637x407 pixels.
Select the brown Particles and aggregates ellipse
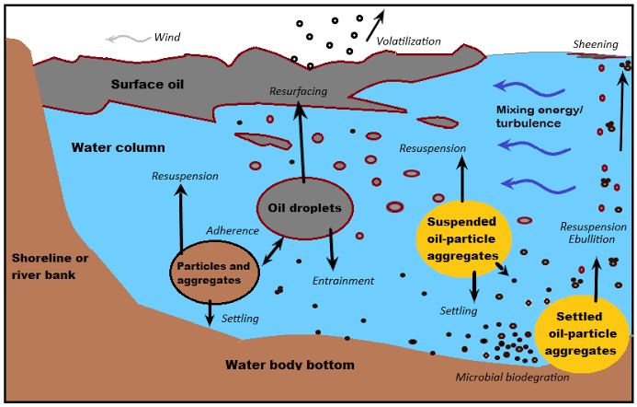212,273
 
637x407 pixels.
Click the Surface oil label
148,85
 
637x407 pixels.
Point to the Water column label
118,147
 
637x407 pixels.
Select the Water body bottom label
290,366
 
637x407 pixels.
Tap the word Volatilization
409,41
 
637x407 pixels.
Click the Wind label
167,38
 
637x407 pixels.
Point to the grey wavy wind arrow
127,39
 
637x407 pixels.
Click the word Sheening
595,44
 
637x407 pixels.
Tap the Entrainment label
343,281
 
